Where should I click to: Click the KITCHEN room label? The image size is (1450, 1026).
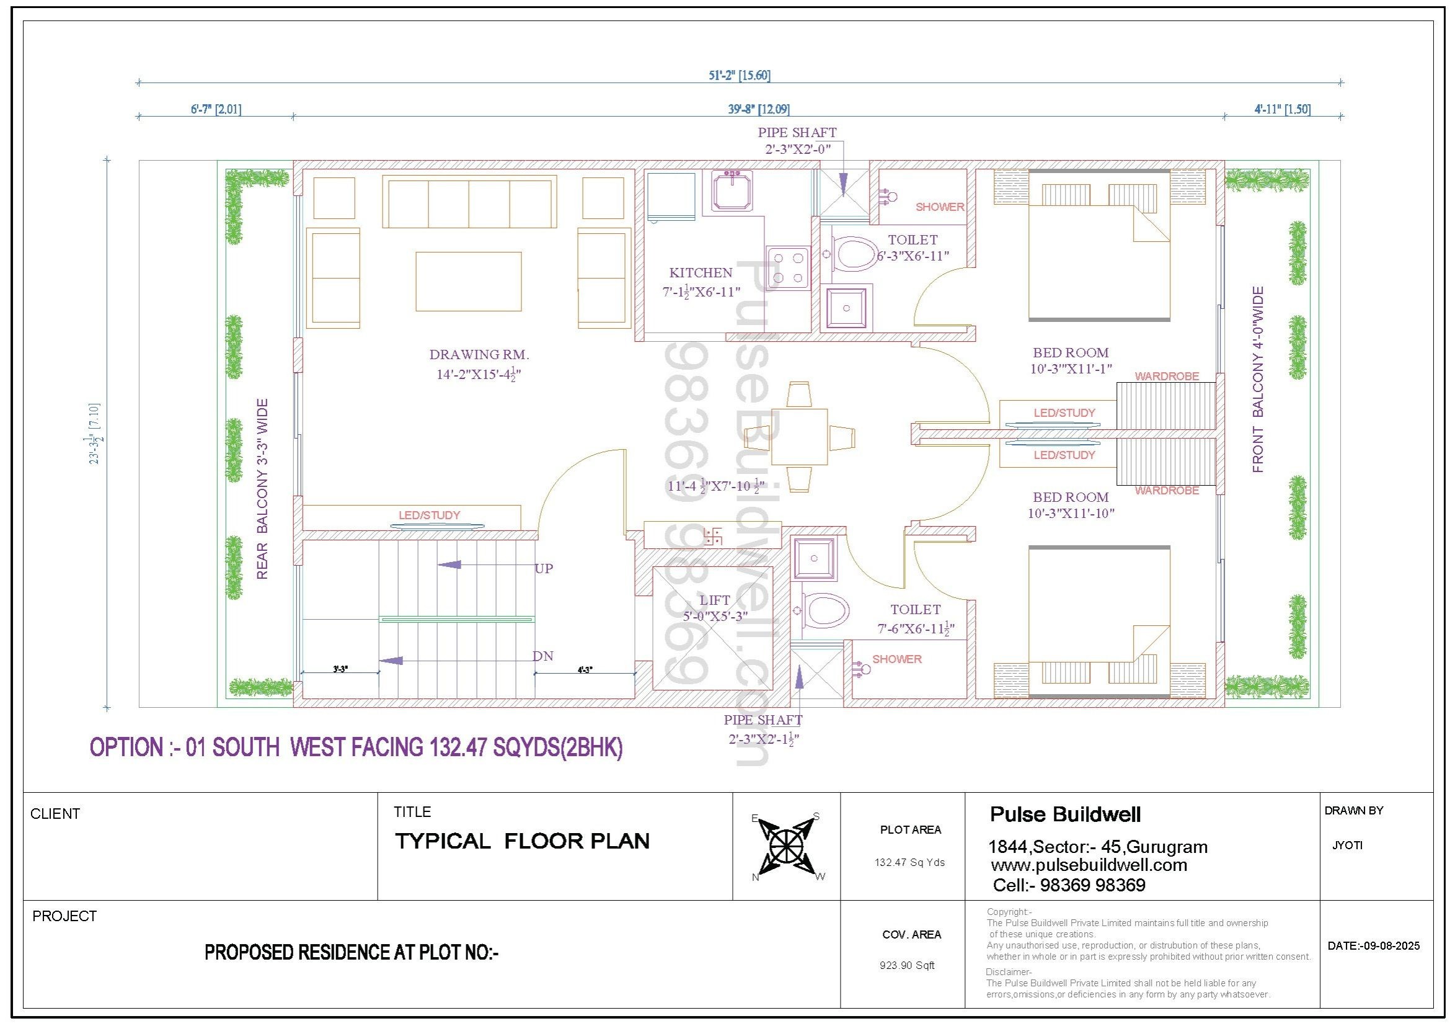701,273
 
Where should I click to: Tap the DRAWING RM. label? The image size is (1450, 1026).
479,354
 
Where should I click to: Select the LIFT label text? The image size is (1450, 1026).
714,600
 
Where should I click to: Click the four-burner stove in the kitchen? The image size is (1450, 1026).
788,267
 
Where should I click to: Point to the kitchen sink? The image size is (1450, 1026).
732,190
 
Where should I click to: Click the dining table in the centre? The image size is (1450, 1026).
799,437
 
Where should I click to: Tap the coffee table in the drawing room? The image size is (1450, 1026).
468,281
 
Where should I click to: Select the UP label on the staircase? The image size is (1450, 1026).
544,569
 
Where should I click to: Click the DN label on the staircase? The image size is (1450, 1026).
542,656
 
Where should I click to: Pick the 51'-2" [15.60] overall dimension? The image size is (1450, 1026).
739,76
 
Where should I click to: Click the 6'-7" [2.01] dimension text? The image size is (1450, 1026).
216,109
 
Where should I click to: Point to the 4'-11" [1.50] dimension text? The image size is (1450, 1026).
1282,109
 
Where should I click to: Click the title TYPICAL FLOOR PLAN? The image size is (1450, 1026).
522,841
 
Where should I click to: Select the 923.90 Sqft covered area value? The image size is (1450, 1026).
907,965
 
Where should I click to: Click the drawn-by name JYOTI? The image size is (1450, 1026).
1347,845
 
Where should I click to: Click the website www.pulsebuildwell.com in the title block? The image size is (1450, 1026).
1089,865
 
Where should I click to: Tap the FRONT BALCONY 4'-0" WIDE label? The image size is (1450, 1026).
1258,380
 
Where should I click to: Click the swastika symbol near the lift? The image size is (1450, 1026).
712,537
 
